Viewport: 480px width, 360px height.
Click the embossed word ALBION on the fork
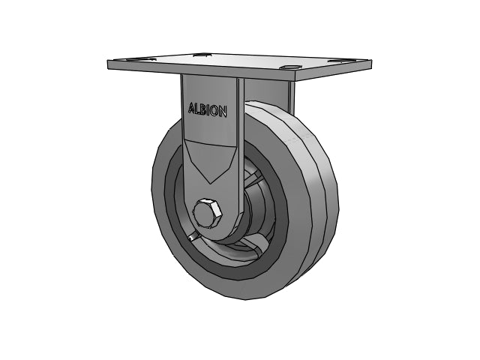pos(208,111)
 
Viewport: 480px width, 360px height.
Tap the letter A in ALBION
pos(191,108)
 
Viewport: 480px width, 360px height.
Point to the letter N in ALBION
pos(223,112)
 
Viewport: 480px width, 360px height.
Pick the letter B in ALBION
pos(203,110)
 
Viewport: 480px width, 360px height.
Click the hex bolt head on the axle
pos(207,214)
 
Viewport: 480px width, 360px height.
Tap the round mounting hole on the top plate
pos(289,67)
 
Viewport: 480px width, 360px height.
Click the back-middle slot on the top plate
pos(202,55)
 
